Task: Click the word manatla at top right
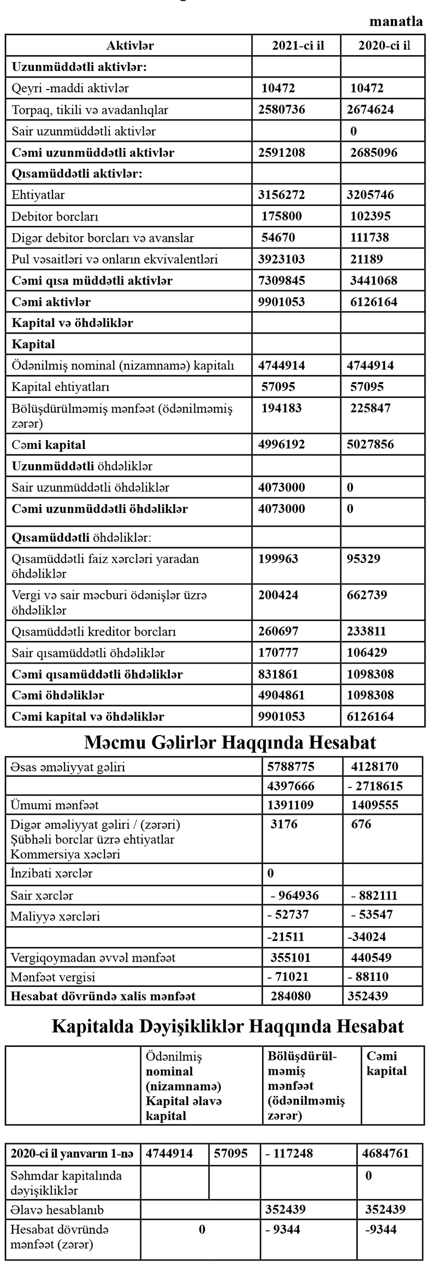point(396,22)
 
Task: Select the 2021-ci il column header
point(298,45)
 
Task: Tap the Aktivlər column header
point(130,45)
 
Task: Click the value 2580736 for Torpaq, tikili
point(282,109)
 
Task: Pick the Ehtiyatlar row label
point(38,195)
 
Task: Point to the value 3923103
point(282,259)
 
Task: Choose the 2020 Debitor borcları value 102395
point(370,216)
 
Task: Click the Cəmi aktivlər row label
point(51,302)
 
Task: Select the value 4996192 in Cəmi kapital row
point(282,445)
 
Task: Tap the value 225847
point(370,408)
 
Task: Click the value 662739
point(369,595)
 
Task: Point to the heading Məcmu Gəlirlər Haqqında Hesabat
point(230,743)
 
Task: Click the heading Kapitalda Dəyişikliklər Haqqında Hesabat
point(228,1026)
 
